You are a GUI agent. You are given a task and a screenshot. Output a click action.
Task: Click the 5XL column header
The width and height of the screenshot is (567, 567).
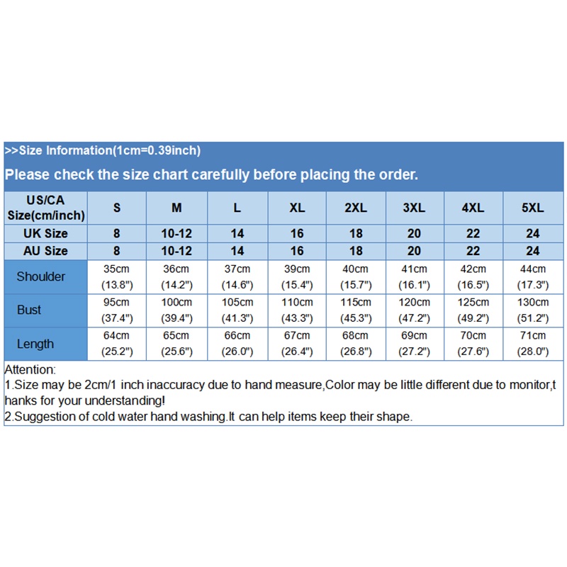pos(533,208)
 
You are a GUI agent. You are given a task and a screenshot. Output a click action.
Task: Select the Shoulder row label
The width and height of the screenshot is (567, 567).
pos(41,276)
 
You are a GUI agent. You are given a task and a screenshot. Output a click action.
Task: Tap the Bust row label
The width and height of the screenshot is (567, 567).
pos(30,310)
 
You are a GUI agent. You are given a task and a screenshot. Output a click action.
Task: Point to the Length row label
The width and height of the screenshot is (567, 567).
pos(35,344)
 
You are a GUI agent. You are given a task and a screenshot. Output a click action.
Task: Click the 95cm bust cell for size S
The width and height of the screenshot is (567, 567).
pos(117,310)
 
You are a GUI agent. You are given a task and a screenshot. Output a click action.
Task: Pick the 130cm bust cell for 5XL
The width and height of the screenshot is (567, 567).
pos(533,310)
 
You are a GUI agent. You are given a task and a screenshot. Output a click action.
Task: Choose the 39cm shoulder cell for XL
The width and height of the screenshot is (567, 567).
pos(297,276)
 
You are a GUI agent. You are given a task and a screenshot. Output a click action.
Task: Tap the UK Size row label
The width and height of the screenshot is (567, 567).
pos(46,233)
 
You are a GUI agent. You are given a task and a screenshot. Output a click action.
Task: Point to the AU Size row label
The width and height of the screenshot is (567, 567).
pos(46,251)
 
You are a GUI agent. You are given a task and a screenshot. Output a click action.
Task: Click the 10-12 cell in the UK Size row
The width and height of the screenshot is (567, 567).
pos(176,233)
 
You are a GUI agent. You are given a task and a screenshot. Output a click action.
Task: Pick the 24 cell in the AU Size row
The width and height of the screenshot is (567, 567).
pos(533,251)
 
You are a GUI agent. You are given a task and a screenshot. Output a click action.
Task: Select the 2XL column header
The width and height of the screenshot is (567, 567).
pos(356,208)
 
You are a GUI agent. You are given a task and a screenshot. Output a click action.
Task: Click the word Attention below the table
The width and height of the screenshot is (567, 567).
pos(30,369)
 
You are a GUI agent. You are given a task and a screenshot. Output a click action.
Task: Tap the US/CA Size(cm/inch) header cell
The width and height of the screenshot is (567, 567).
pos(46,208)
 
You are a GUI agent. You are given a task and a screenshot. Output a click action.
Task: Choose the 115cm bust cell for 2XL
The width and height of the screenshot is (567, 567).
pos(356,310)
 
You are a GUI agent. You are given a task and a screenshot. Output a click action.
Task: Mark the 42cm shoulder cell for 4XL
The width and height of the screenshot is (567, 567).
pos(473,276)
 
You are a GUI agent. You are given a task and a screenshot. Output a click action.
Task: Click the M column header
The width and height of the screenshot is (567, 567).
pos(176,208)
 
